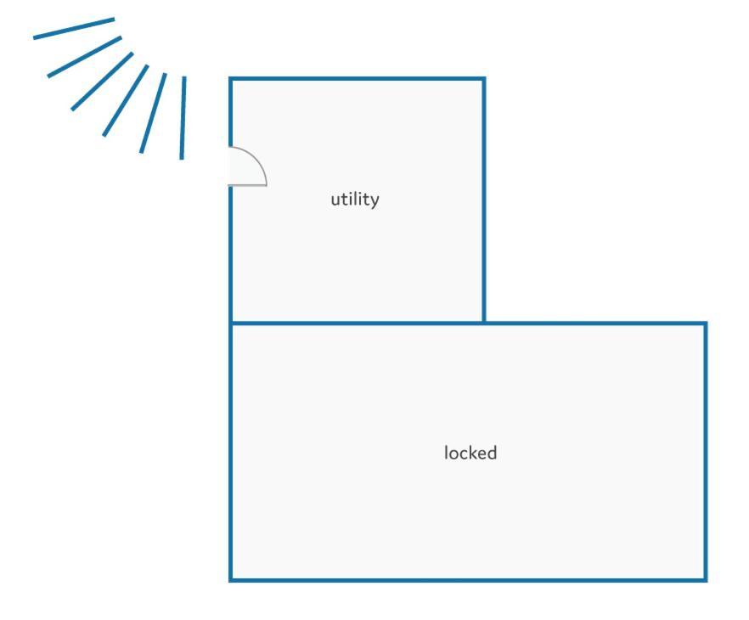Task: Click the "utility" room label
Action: [355, 200]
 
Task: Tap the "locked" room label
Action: [470, 453]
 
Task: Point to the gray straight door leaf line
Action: [247, 184]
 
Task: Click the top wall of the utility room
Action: [358, 79]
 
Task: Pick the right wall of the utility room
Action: [484, 200]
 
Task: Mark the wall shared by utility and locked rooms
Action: [358, 324]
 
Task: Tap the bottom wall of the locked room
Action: [468, 580]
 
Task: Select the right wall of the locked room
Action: [706, 451]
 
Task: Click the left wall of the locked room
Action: [231, 451]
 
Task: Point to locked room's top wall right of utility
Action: [595, 324]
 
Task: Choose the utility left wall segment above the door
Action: [231, 112]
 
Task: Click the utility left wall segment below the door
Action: [231, 255]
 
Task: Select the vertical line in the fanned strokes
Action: [183, 118]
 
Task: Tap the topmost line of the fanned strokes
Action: [74, 28]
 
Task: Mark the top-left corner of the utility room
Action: [231, 79]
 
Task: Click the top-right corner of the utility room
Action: [484, 79]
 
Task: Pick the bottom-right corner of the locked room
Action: [706, 580]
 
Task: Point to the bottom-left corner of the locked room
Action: [231, 580]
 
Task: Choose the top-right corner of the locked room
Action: [706, 324]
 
